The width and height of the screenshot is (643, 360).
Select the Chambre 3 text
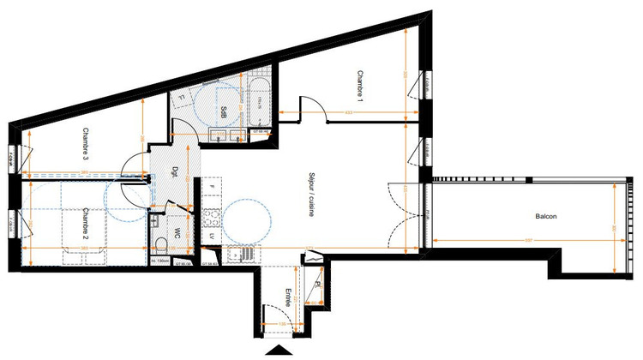click(x=87, y=143)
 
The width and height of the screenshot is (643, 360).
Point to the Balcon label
click(x=544, y=216)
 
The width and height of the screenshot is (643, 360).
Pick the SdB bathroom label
click(x=223, y=111)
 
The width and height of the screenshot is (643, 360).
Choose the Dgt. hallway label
click(x=175, y=171)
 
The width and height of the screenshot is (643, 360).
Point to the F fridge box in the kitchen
click(x=210, y=187)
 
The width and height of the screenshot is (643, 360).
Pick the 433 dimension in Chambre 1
click(x=349, y=113)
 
